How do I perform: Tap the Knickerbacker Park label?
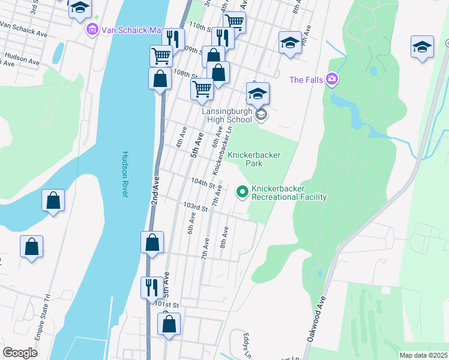254,158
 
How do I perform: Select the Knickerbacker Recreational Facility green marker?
243,192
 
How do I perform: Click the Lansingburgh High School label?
226,115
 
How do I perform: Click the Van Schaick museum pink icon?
92,29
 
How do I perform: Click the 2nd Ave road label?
155,190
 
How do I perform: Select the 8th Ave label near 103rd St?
225,237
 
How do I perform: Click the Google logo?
20,353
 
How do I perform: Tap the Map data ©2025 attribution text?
423,355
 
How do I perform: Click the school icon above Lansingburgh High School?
258,94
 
